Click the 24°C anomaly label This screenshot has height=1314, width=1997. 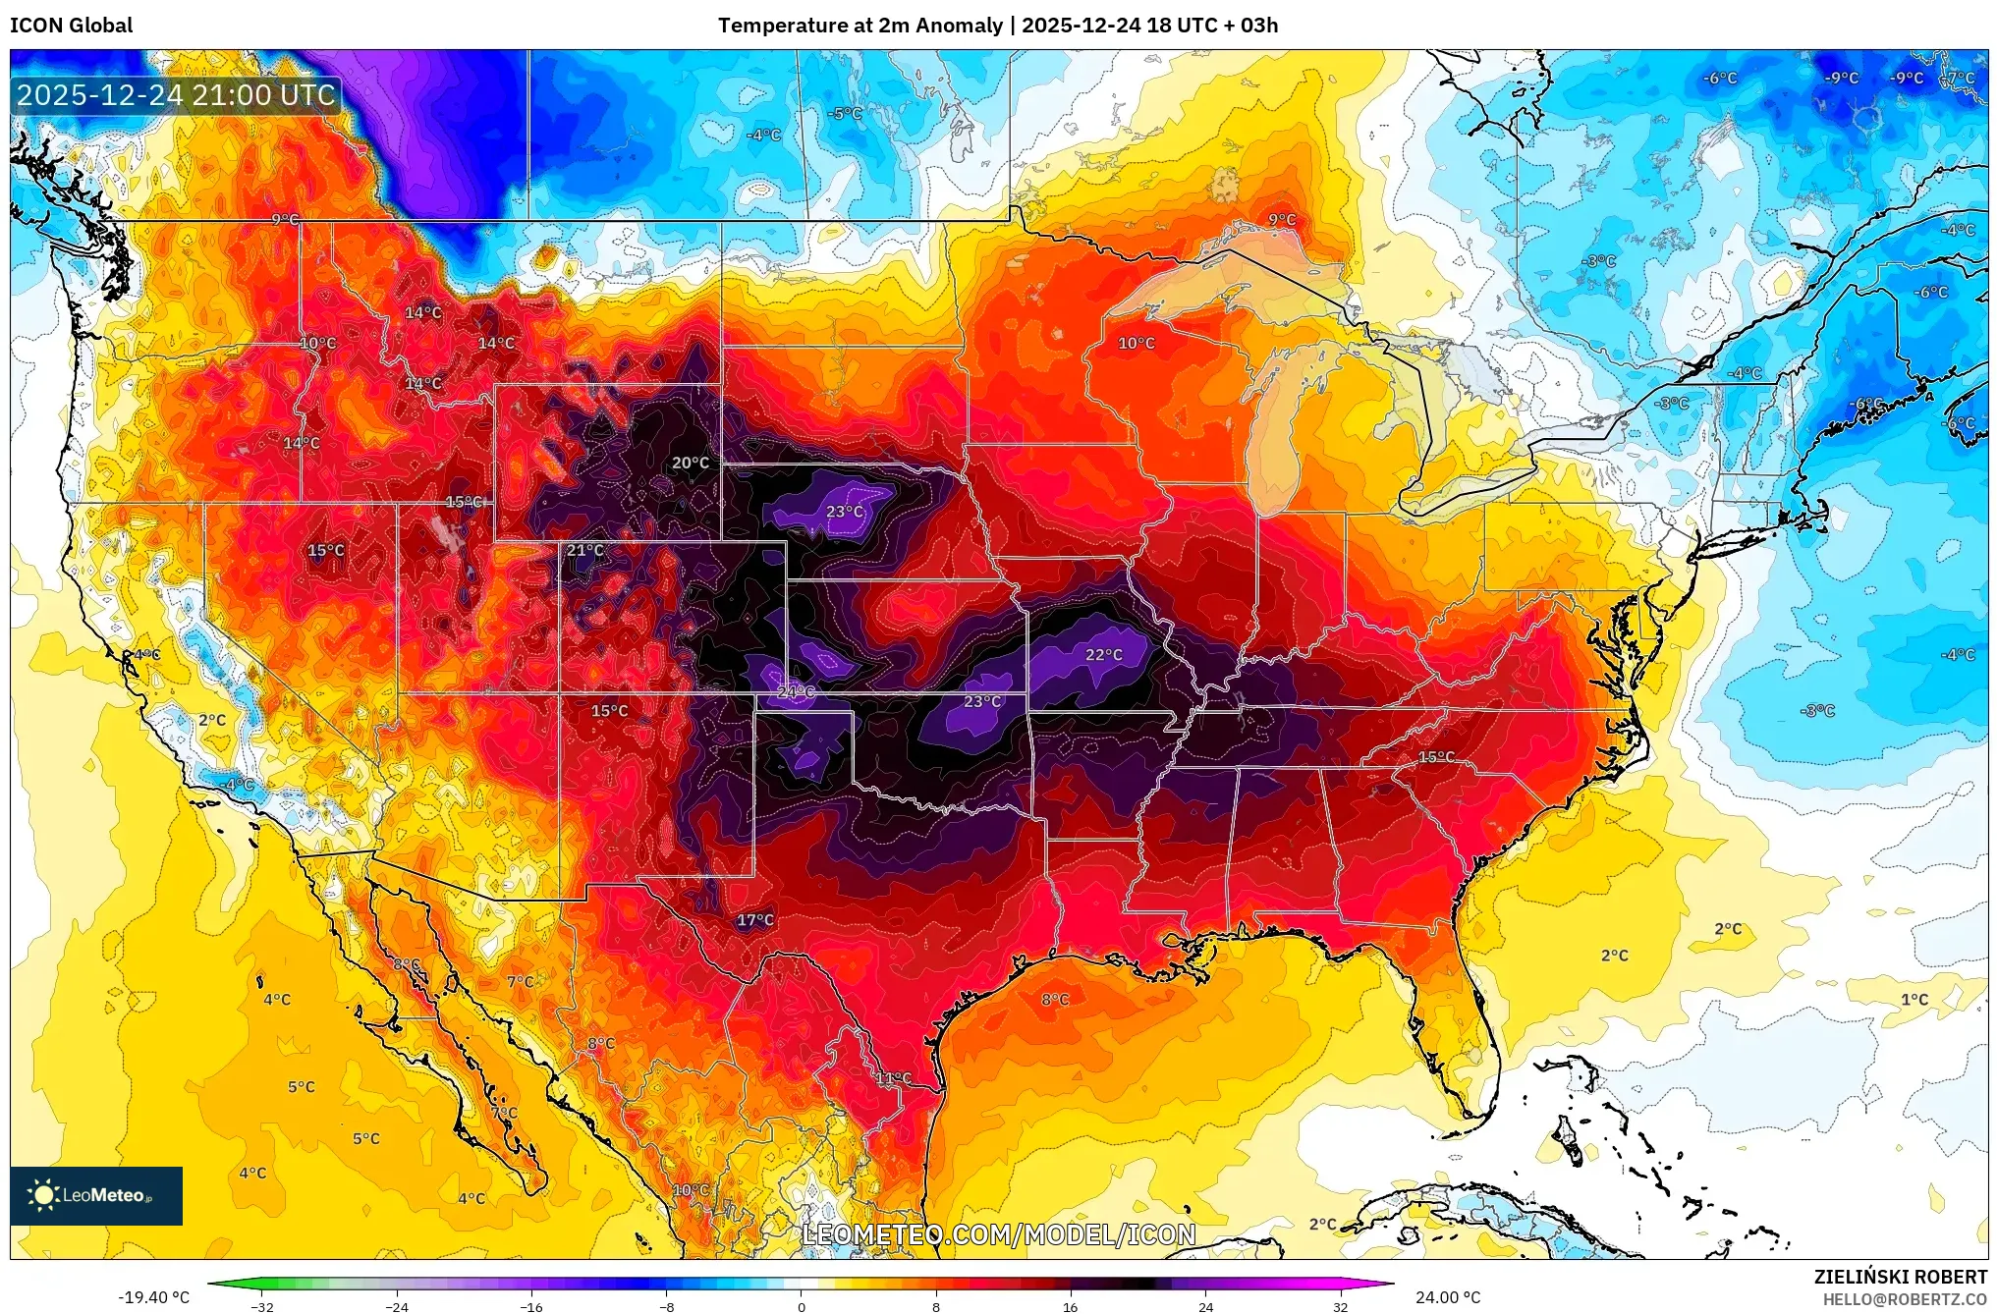pos(796,691)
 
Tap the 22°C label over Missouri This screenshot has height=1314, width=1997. pos(1103,654)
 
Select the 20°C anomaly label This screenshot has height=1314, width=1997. pos(690,463)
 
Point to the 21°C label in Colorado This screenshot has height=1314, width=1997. pos(585,550)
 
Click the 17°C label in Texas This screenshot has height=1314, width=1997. pos(755,920)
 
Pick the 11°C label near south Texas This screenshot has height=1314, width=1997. pos(894,1077)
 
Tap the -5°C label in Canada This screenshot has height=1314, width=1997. pos(845,113)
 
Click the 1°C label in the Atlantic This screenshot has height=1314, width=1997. pos(1914,1000)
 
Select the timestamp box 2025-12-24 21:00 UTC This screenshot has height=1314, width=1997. pos(176,95)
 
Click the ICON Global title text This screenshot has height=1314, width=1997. pos(71,26)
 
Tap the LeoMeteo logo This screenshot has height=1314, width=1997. pos(96,1195)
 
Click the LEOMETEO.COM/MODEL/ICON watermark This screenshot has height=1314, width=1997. pos(999,1234)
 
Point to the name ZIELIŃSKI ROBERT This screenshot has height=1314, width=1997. pos(1900,1277)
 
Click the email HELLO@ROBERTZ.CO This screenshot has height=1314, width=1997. pos(1905,1299)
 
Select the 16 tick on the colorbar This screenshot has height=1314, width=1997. pos(1071,1306)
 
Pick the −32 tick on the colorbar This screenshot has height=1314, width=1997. pos(262,1306)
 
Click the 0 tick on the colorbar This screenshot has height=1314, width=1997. pos(802,1306)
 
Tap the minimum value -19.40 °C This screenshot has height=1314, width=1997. pos(154,1297)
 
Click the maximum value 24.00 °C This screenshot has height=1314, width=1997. pos(1448,1297)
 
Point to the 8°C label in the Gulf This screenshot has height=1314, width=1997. pos(1055,999)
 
